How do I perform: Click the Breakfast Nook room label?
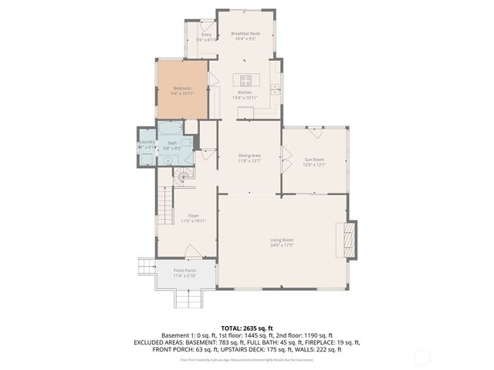(245, 34)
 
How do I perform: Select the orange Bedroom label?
(182, 89)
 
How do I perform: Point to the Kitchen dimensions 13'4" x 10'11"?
(245, 98)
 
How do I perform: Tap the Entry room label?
(207, 35)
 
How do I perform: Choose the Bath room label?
(173, 143)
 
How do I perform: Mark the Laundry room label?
(147, 142)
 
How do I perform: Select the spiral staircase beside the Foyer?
(182, 179)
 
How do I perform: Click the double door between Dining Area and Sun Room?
(283, 163)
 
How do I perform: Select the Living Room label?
(282, 240)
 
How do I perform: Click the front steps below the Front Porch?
(185, 298)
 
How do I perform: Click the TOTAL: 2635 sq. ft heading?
(247, 328)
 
